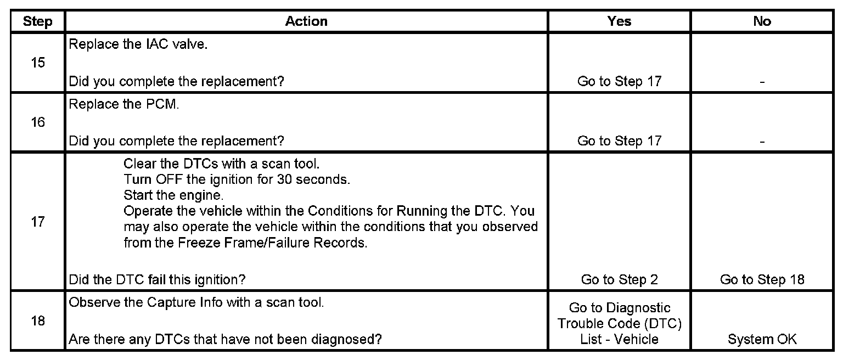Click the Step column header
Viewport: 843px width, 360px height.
38,21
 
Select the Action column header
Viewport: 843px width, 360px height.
306,21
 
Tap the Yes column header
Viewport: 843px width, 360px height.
619,21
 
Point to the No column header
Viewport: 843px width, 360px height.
762,21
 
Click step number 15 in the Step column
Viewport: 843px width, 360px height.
38,63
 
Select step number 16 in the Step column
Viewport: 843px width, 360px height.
38,122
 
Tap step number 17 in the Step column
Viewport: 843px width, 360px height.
38,223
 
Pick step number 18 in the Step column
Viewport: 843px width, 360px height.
38,320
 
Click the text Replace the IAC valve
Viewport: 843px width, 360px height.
138,44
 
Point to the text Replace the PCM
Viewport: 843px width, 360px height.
124,104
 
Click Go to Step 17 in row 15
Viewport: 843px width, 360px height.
619,82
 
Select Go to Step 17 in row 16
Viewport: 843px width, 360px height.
619,141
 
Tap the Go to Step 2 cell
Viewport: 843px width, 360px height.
619,280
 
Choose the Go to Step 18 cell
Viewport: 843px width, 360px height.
762,280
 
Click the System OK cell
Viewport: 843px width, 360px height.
762,340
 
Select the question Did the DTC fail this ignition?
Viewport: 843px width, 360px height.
156,280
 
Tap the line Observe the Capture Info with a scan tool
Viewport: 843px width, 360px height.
196,302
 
